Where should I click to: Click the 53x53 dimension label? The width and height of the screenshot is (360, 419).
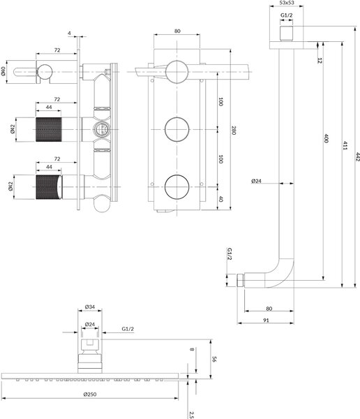(287, 3)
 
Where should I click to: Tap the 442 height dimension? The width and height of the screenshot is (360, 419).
(358, 157)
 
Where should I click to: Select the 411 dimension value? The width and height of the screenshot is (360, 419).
(345, 146)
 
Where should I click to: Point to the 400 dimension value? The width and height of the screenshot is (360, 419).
(326, 138)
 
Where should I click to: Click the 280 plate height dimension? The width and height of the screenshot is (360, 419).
(234, 131)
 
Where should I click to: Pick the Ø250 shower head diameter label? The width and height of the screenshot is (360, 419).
(90, 394)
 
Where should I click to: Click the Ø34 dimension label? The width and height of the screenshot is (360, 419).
(90, 307)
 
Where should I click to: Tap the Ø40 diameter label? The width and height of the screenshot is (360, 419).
(3, 71)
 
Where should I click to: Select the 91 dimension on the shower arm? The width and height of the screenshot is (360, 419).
(266, 320)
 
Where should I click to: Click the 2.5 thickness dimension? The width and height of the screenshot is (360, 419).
(191, 414)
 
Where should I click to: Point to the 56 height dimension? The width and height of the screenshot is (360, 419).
(213, 359)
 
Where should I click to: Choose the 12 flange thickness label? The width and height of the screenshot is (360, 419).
(320, 60)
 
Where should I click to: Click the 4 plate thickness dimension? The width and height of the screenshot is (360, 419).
(70, 34)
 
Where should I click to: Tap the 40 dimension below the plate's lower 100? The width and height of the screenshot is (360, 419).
(221, 199)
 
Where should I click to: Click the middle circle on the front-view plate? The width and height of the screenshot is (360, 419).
(177, 129)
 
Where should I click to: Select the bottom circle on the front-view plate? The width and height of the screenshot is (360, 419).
(177, 187)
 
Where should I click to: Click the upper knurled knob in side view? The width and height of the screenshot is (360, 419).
(49, 129)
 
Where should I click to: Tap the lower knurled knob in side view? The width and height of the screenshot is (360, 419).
(49, 187)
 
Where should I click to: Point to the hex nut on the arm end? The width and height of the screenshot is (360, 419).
(241, 280)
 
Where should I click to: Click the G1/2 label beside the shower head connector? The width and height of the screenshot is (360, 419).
(128, 329)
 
